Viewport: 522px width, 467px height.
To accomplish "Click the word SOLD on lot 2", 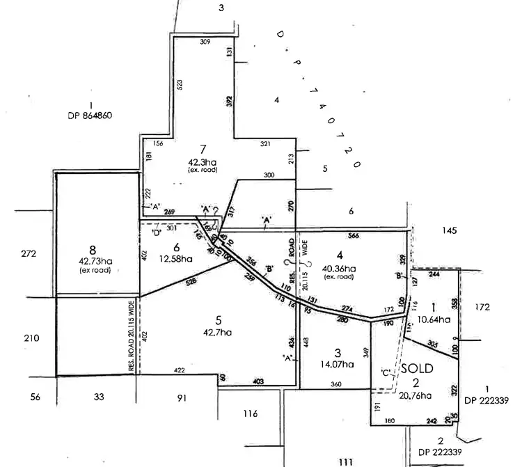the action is (417, 367).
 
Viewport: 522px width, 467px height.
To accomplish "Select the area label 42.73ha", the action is (91, 262).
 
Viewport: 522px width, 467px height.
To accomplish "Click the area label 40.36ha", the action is (340, 269).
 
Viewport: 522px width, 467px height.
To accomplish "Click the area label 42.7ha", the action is (218, 332).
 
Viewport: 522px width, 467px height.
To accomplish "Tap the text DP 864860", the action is (90, 116).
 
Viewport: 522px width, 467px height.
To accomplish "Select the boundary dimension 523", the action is (180, 85).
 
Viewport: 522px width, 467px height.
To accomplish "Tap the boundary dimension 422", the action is (179, 371).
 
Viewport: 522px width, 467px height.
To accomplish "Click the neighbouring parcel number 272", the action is (29, 253).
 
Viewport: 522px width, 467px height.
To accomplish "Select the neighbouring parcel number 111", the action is (346, 461).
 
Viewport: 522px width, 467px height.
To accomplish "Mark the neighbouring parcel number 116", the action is (251, 414).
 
